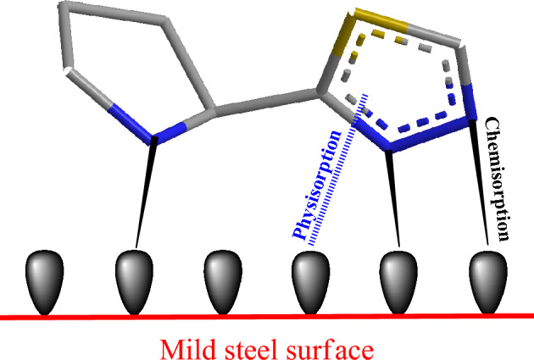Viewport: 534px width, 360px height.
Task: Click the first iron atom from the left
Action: coord(42,280)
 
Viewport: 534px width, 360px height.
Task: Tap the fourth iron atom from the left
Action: coord(309,280)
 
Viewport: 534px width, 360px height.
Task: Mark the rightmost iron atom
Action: coord(487,280)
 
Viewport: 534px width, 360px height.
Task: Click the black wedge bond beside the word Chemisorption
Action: coord(480,182)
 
